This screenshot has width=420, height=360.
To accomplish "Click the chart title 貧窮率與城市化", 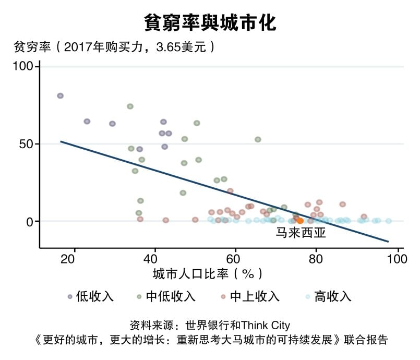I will (210, 23).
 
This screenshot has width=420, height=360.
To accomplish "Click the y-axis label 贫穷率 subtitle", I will (114, 47).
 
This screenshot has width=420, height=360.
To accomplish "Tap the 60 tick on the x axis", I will (236, 259).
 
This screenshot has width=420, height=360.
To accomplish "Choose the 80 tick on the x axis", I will (317, 259).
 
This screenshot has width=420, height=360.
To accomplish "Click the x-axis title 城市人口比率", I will (207, 274).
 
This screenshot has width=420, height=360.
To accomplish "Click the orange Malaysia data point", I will (300, 221).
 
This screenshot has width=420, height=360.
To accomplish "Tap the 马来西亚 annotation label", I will (301, 233).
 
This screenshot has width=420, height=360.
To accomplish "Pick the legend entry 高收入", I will (333, 297).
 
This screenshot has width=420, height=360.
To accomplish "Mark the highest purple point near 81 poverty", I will (61, 96).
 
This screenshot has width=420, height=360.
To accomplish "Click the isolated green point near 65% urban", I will (258, 139).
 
